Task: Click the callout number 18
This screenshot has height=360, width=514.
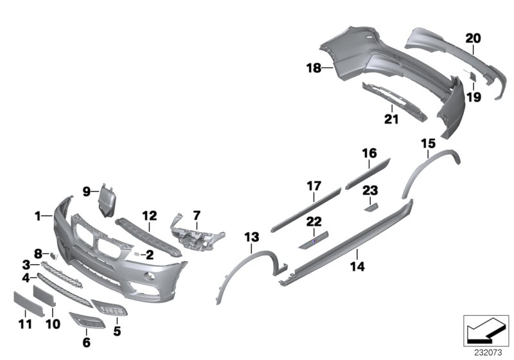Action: click(314, 67)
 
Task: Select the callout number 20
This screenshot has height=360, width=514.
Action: click(473, 39)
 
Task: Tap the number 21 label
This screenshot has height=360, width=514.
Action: click(391, 119)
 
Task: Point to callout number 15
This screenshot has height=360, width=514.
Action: click(427, 143)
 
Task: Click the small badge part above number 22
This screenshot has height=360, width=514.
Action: click(314, 240)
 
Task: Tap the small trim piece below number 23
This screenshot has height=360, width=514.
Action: click(371, 206)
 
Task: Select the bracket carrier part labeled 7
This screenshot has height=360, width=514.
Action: click(193, 231)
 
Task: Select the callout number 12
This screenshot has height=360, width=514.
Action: click(149, 215)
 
